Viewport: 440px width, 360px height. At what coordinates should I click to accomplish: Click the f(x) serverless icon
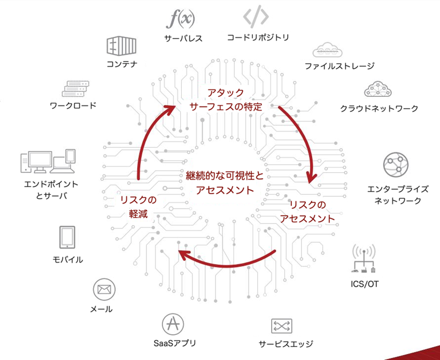[180, 20]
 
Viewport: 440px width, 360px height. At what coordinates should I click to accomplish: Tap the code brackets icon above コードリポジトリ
[256, 17]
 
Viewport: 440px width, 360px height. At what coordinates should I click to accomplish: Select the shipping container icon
[121, 46]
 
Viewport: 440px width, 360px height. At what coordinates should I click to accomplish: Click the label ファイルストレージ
[339, 66]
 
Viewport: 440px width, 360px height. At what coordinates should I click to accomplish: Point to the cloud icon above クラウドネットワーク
[377, 89]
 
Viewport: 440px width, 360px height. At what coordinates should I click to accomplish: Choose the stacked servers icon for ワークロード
[75, 89]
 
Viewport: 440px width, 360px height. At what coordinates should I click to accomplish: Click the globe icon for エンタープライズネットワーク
[396, 165]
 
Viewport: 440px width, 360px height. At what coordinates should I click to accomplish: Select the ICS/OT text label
[364, 284]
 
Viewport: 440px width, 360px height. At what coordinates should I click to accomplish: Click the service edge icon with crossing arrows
[281, 326]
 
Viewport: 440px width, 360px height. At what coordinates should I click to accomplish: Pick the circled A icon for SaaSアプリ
[173, 324]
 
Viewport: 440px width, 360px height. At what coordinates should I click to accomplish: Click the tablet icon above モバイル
[67, 238]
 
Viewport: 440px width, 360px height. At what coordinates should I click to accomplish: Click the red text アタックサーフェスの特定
[226, 99]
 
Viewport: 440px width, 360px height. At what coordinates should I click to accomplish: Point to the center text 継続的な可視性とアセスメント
[225, 183]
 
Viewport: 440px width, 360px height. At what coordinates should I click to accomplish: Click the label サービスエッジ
[285, 344]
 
